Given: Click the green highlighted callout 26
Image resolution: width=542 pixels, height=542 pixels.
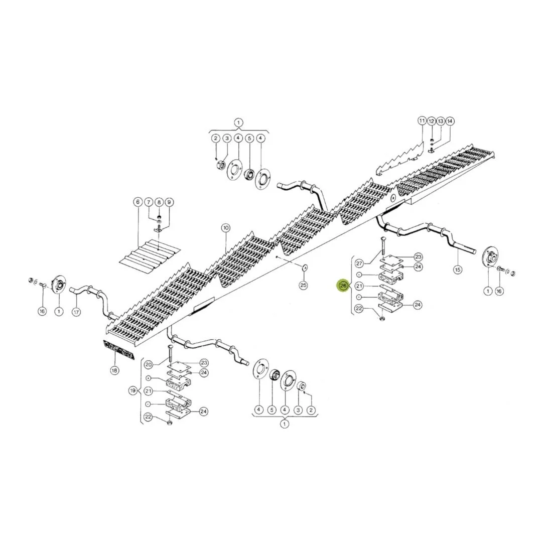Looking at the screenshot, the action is coord(343,286).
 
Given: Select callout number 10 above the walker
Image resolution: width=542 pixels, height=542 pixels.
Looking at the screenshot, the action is coord(225,228).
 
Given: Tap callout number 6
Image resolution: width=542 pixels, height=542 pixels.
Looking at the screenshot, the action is coord(138,202).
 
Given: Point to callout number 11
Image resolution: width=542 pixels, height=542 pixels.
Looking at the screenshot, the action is coord(422,121).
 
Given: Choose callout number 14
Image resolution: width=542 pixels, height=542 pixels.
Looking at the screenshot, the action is coord(450,121).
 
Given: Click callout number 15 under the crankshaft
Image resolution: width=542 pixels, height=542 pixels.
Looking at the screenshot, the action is coord(457,269).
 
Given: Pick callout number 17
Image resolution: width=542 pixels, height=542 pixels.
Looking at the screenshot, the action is coord(76,312).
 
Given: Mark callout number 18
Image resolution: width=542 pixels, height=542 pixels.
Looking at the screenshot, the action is coord(114,370).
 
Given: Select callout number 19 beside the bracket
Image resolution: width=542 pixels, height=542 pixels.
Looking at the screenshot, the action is coord(133,391).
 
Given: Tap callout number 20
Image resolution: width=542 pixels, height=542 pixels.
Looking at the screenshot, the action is coord(148,365).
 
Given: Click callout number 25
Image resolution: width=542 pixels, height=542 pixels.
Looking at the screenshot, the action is coord(303,285).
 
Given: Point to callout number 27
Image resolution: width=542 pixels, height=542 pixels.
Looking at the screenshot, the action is coord(359,263).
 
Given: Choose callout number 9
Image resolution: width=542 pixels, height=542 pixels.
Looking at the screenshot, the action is coord(169,202).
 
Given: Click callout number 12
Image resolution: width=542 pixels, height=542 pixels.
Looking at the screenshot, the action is coord(431,121).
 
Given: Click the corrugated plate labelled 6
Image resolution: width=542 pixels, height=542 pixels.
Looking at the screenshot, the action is coord(151,256).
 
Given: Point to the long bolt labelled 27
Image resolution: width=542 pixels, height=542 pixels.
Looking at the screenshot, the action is coord(382,247).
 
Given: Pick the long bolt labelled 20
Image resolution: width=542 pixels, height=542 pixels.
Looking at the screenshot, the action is coord(170,354).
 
